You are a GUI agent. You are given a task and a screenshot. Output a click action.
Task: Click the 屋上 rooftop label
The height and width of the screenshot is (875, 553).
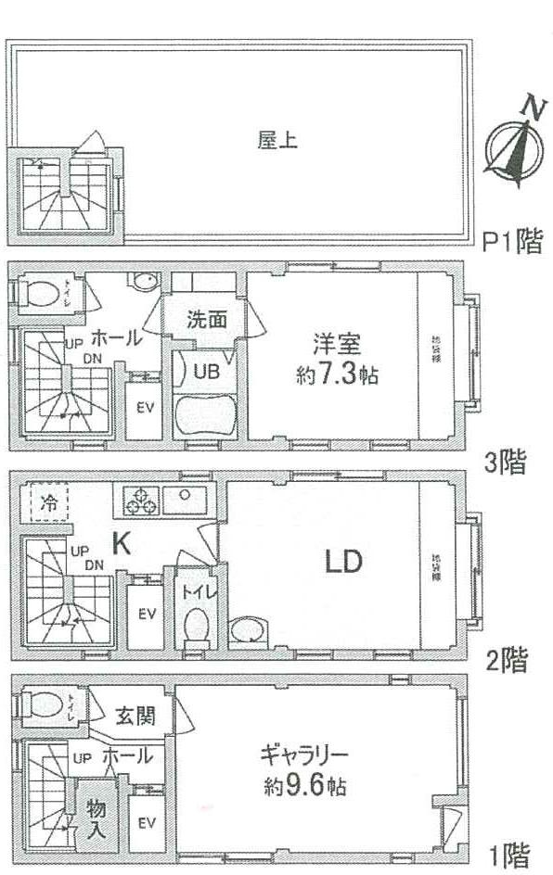click(270, 142)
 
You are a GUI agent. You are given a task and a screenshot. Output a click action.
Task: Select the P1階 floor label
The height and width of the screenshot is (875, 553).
click(512, 242)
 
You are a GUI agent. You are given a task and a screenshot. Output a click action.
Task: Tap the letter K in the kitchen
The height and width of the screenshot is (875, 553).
click(121, 545)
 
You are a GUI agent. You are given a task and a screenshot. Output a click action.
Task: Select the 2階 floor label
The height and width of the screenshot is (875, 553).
click(508, 661)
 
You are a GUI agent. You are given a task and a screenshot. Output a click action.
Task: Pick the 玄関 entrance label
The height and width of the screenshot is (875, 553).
click(135, 716)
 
